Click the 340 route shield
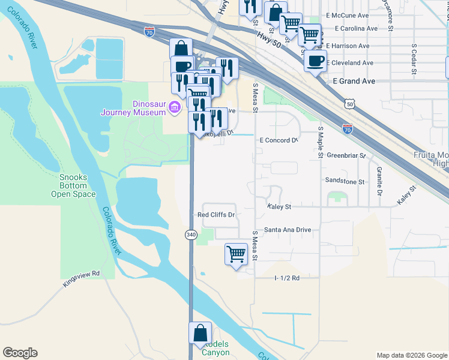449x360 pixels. tap(191, 233)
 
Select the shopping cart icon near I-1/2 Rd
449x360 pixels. tap(237, 254)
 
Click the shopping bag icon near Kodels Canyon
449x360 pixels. tap(200, 334)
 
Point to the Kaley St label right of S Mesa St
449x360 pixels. tap(279, 206)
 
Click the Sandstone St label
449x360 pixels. tap(345, 181)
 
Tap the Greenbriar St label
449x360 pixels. tap(346, 155)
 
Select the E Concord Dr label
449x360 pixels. tap(279, 140)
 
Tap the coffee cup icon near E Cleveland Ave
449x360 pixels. tap(315, 61)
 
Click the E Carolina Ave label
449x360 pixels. tap(357, 28)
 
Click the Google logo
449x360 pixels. tap(20, 353)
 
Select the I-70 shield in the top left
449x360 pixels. tap(150, 31)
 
